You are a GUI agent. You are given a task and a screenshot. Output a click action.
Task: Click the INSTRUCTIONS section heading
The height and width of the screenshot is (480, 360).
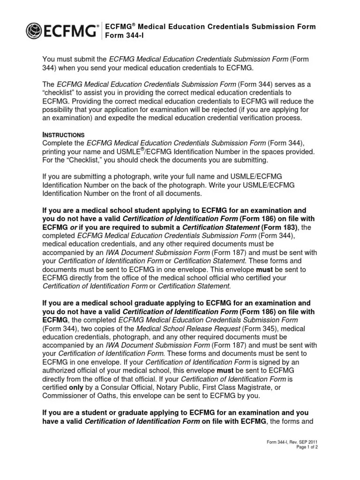[63, 135]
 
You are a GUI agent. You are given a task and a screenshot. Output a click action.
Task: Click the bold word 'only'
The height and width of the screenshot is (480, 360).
[76, 387]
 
